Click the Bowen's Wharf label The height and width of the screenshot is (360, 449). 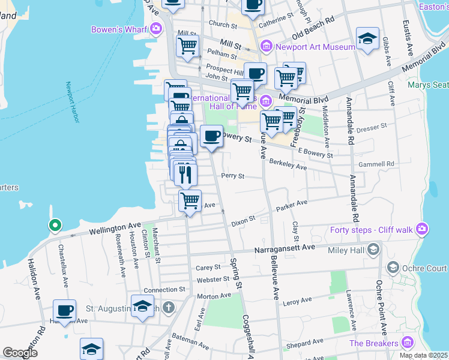pos(119,29)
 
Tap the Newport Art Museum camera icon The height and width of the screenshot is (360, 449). pos(265,46)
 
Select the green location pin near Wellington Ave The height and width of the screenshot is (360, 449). pos(55,226)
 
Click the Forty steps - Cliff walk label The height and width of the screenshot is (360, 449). pos(372,229)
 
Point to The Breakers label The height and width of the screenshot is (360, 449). pos(374,343)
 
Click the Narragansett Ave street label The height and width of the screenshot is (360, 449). pos(285,247)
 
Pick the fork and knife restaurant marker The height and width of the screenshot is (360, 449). pos(185,174)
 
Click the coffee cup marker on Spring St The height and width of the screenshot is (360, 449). pos(211,136)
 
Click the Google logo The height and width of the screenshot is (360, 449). pos(20,353)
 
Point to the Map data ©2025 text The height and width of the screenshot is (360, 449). pos(423,355)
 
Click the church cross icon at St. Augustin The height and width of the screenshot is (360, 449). pos(169,308)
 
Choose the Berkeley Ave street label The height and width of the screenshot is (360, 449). pos(288,164)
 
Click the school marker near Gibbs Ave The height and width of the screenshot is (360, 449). pos(367,39)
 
